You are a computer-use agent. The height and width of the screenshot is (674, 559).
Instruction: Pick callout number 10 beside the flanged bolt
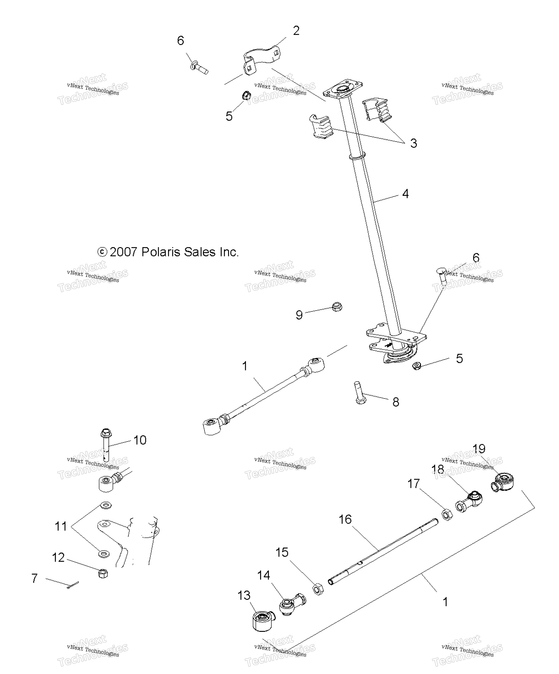140,440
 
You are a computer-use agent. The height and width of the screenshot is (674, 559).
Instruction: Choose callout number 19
479,448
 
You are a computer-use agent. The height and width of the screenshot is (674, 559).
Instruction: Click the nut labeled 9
337,307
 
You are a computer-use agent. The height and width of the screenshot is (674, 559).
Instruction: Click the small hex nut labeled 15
318,589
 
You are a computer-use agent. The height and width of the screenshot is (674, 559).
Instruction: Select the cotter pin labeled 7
73,585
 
